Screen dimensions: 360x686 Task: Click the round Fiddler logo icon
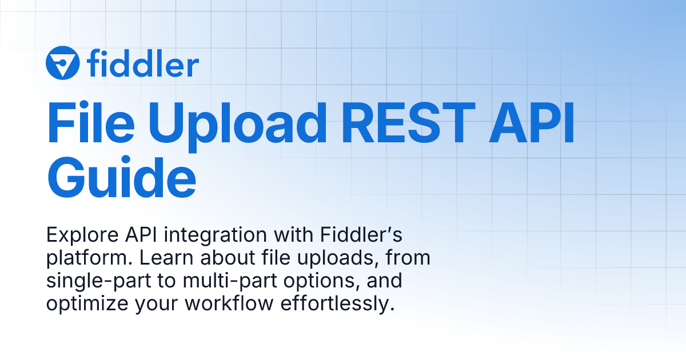coord(62,63)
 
